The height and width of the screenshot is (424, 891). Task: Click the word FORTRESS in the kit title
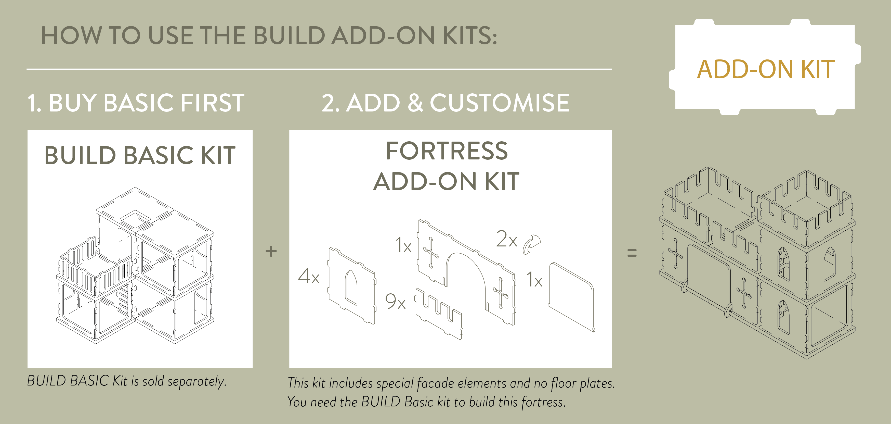coord(447,151)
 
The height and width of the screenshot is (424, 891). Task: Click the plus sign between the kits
coord(271,251)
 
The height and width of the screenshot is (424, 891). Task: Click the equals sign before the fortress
coord(632,253)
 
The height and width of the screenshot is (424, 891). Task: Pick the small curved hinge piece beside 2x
coord(532,244)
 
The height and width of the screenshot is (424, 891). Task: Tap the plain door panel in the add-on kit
coord(571,297)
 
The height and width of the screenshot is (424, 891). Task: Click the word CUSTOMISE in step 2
coord(500,103)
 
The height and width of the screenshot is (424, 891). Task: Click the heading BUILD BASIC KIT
coord(140,155)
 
